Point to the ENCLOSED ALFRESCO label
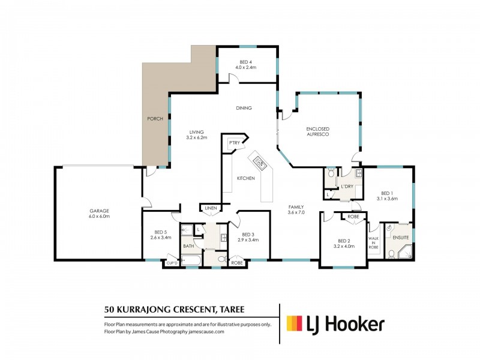tap(319, 132)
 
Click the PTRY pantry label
tap(233, 143)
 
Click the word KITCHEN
tap(245, 178)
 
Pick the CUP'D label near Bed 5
tap(171, 263)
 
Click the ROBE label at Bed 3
tap(237, 263)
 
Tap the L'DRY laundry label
tap(346, 187)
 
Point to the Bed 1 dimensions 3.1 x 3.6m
tap(388, 198)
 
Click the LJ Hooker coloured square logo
tap(295, 324)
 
